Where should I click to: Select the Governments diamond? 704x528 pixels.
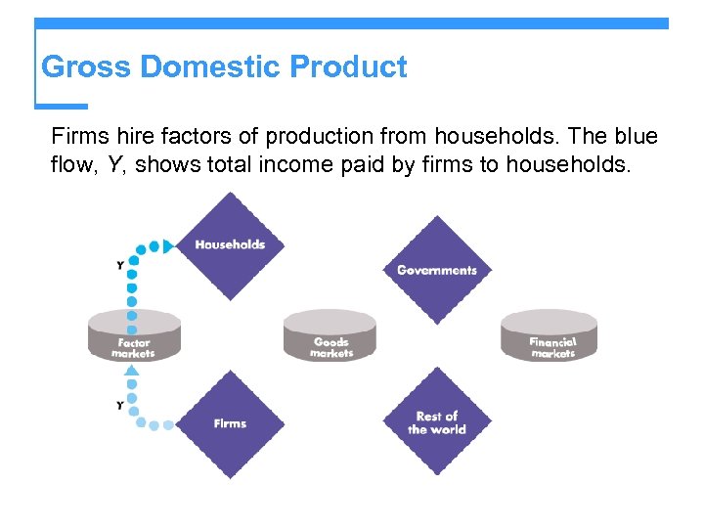[x=437, y=270]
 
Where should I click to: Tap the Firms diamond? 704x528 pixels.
[x=230, y=423]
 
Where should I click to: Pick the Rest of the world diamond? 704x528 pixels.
[x=437, y=422]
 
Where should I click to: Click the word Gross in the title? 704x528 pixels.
[x=86, y=67]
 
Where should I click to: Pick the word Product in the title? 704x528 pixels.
[x=349, y=67]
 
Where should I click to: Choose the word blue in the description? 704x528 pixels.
[x=638, y=137]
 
